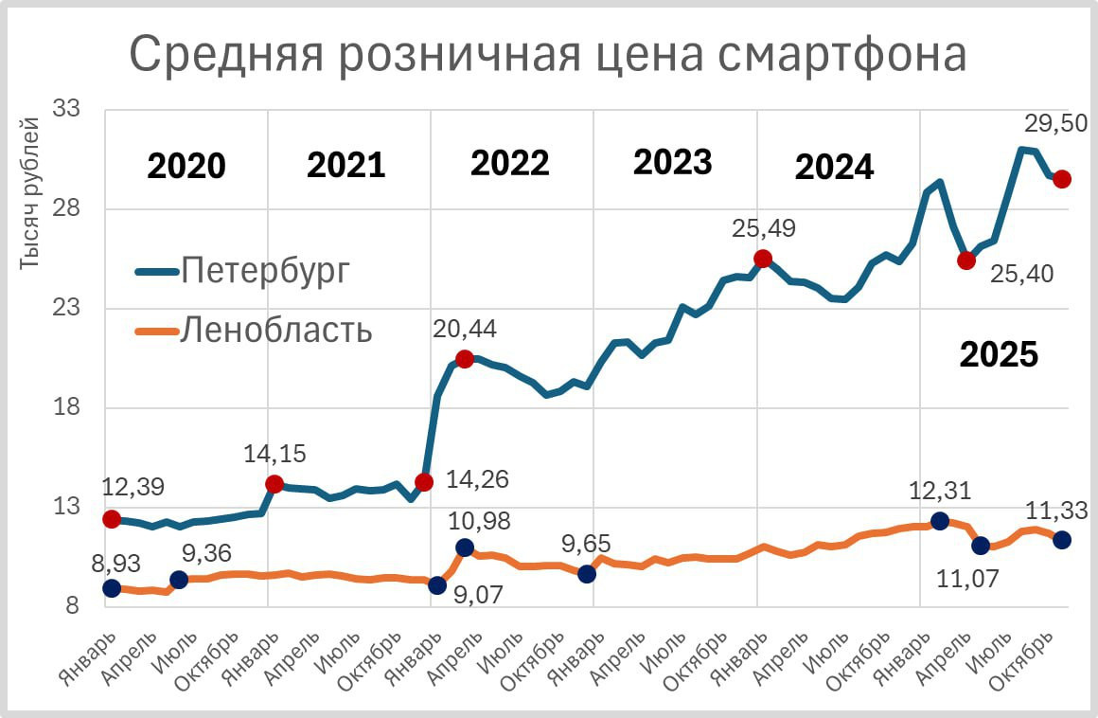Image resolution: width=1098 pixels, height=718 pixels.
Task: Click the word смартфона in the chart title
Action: coord(842,55)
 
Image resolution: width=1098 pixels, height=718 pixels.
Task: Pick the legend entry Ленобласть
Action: coord(275,331)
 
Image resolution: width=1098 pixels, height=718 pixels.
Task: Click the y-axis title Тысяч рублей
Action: coord(30,194)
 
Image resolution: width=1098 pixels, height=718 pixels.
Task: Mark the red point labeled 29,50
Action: coord(1062,179)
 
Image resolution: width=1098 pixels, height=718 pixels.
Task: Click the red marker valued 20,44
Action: coord(465,358)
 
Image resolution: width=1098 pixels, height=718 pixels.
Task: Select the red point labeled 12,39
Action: coord(112,518)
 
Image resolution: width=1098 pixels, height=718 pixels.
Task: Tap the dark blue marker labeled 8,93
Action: coord(112,588)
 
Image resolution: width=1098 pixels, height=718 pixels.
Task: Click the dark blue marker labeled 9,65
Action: coord(587,573)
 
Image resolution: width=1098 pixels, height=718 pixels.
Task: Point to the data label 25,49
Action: coord(764,228)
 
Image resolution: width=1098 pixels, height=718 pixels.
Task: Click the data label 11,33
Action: coord(1055,512)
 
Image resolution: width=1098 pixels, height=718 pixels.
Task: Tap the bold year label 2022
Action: coord(509,164)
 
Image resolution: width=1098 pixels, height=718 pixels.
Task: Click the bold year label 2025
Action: coord(999,355)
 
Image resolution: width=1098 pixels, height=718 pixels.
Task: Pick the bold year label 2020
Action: coord(186,166)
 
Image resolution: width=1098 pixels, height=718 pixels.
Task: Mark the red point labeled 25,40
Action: coord(966,260)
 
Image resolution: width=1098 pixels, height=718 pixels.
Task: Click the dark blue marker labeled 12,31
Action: coord(940,521)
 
